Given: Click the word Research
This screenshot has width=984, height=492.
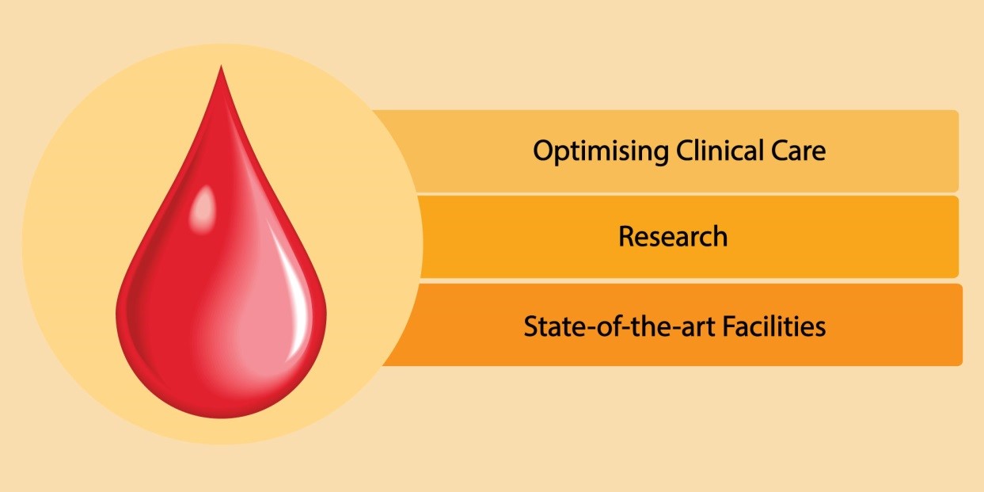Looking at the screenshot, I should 673,236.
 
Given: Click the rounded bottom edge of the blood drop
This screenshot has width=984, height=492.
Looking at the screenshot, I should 221,414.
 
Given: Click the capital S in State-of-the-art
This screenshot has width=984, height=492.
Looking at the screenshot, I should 530,326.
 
